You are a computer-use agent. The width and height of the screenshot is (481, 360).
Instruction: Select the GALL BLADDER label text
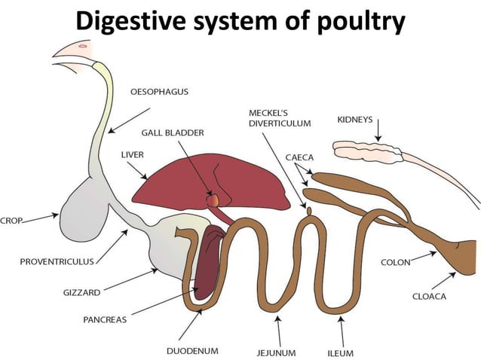click(x=173, y=133)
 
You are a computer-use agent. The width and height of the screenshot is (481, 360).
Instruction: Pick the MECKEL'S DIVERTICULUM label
click(x=280, y=117)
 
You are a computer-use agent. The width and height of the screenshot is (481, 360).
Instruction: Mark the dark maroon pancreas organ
click(x=207, y=264)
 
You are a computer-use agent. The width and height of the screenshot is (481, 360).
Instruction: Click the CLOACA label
click(x=429, y=296)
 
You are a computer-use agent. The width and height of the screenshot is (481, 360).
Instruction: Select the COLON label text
click(x=395, y=263)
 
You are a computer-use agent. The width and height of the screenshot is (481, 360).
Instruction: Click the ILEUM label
click(x=340, y=352)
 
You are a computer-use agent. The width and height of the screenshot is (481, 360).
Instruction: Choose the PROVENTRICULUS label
click(x=57, y=262)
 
